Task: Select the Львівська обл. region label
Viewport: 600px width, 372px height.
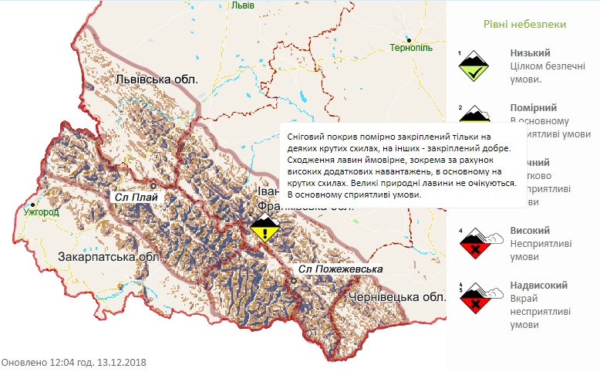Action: click(157, 79)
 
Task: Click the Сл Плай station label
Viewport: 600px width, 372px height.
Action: click(135, 197)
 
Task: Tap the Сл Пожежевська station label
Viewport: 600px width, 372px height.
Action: click(341, 269)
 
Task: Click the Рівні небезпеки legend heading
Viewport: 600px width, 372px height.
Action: click(525, 24)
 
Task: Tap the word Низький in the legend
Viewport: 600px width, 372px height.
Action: click(530, 53)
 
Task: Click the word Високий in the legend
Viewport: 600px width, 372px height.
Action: click(530, 230)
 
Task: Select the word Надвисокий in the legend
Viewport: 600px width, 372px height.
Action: click(537, 285)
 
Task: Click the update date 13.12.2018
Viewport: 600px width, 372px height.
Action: click(121, 362)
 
